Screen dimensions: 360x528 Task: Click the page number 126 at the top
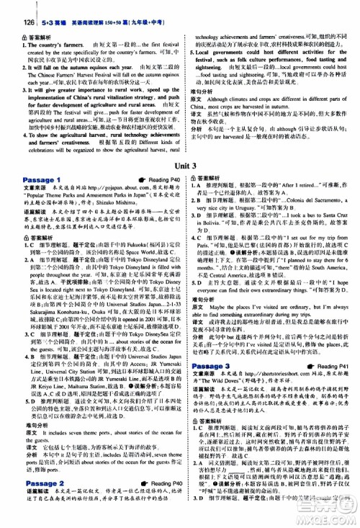13,9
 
